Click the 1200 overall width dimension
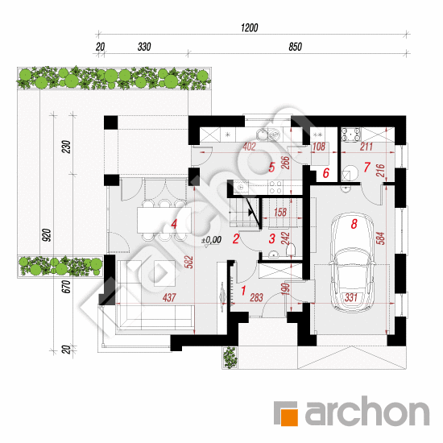tap(249, 27)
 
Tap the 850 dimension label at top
tap(296, 47)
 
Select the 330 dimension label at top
tap(144, 47)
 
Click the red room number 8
tap(354, 224)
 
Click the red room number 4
tap(174, 224)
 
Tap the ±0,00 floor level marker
tap(211, 240)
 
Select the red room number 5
tap(271, 168)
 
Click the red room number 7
tap(366, 167)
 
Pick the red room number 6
tap(325, 173)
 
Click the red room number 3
tap(271, 238)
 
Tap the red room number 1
tap(243, 291)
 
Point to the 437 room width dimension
tap(169, 297)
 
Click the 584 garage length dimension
tap(381, 238)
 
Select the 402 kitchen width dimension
tap(249, 147)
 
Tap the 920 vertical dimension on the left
tap(47, 235)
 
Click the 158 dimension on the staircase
tap(280, 212)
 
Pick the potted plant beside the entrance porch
tap(230, 358)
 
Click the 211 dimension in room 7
tap(366, 147)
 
